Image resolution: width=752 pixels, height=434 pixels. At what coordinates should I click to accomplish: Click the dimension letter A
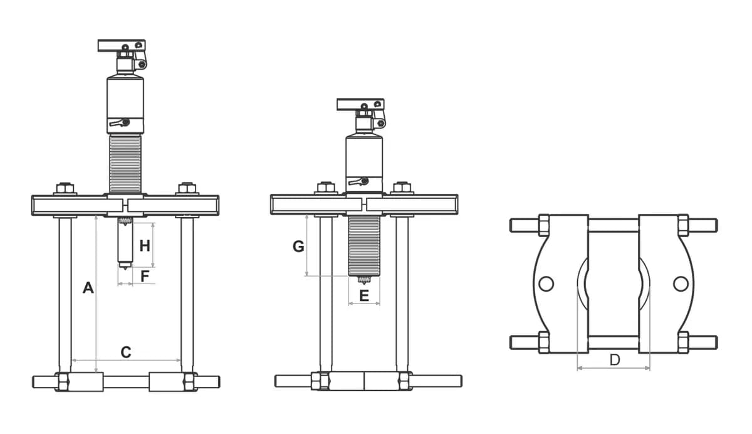[x=88, y=288]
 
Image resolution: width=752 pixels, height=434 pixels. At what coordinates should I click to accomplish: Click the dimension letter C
[x=126, y=352]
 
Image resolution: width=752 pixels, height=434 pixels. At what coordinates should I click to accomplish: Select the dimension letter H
[x=145, y=246]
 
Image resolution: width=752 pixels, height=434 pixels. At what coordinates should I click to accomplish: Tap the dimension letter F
[x=145, y=276]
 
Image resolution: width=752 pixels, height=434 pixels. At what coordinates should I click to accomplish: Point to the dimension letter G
[x=298, y=246]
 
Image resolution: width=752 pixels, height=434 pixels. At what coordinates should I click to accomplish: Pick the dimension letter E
[x=364, y=296]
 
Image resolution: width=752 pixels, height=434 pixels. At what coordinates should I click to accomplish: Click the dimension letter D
[x=615, y=360]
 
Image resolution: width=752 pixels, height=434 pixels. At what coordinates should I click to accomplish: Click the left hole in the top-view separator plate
[x=546, y=284]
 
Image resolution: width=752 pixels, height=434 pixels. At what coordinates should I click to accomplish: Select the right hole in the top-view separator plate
[x=681, y=284]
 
